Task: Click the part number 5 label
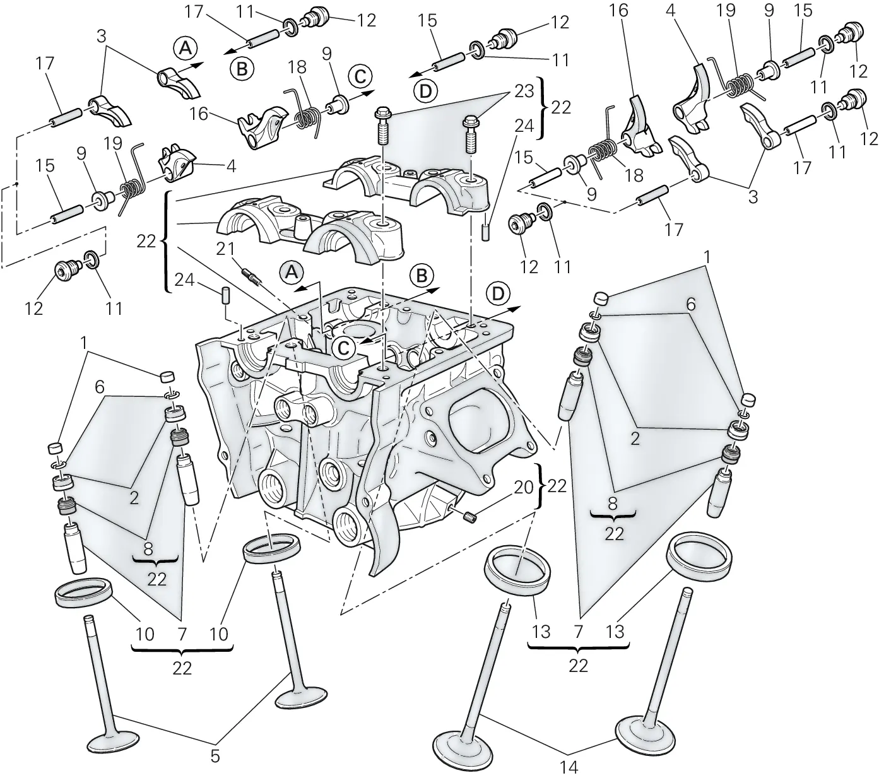pos(215,757)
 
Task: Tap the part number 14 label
pos(569,767)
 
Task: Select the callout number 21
pos(225,249)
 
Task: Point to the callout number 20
pos(523,487)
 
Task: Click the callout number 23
pos(524,91)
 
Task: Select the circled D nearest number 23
pos(425,91)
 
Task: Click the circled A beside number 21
pos(292,273)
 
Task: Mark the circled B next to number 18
pos(242,69)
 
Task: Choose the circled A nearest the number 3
pos(186,48)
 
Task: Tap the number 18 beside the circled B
pos(297,67)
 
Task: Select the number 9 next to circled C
pos(327,54)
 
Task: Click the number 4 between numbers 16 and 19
pos(670,11)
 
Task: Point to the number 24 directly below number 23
pos(524,126)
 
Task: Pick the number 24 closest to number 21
pos(184,280)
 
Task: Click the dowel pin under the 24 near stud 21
pos(227,296)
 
